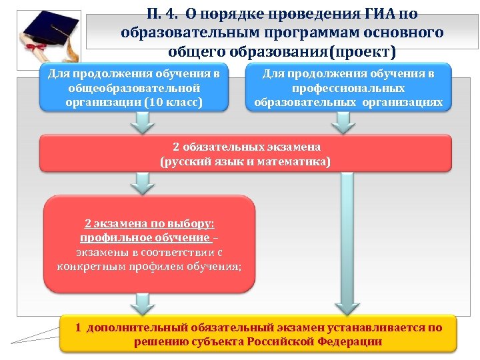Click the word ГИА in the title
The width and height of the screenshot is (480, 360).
pyautogui.click(x=378, y=14)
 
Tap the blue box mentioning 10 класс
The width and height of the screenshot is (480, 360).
pyautogui.click(x=134, y=87)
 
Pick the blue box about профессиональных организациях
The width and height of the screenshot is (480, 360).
pyautogui.click(x=348, y=87)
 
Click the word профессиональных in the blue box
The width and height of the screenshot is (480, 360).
pyautogui.click(x=348, y=88)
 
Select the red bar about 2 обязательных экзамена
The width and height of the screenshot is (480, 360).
pyautogui.click(x=246, y=154)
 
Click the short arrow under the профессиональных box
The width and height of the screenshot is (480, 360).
pyautogui.click(x=343, y=122)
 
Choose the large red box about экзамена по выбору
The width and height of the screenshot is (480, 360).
pyautogui.click(x=149, y=244)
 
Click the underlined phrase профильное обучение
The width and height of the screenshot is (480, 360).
pyautogui.click(x=145, y=237)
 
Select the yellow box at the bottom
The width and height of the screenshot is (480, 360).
pyautogui.click(x=258, y=334)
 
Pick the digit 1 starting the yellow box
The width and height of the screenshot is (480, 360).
pyautogui.click(x=78, y=327)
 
